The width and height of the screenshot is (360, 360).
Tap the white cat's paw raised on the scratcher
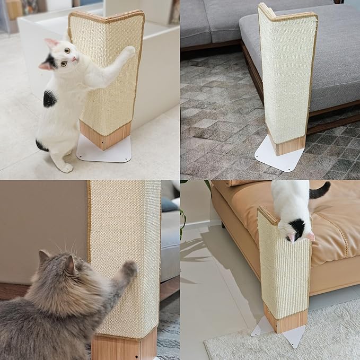(128, 51)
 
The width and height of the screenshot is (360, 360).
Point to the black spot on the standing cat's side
(50, 99)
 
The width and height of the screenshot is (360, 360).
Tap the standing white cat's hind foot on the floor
(65, 168)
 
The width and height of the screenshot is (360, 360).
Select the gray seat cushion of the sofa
(329, 58)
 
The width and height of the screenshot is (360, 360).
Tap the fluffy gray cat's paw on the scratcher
(129, 268)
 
